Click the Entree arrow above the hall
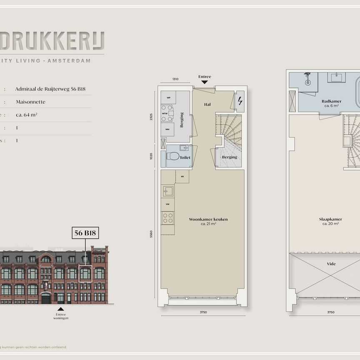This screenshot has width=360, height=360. point(204,82)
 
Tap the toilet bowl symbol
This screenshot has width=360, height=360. point(173,157)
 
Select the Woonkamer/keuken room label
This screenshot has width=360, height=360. point(202,219)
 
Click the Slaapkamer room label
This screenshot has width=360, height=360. point(332,219)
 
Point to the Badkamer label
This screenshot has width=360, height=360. point(332,101)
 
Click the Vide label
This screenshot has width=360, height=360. point(331,264)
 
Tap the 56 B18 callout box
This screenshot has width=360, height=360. point(85,233)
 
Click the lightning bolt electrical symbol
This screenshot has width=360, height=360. point(240,101)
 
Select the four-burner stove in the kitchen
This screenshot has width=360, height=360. point(168,217)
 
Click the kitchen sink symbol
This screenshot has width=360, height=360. point(168,191)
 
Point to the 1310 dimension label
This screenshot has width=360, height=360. point(175,79)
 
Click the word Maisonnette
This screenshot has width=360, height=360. point(30,102)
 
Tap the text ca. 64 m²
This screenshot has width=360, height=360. point(27,115)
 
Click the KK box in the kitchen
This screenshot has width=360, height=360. point(182,177)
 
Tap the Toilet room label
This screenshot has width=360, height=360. point(185,158)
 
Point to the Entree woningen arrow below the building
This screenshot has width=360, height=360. point(61,309)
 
